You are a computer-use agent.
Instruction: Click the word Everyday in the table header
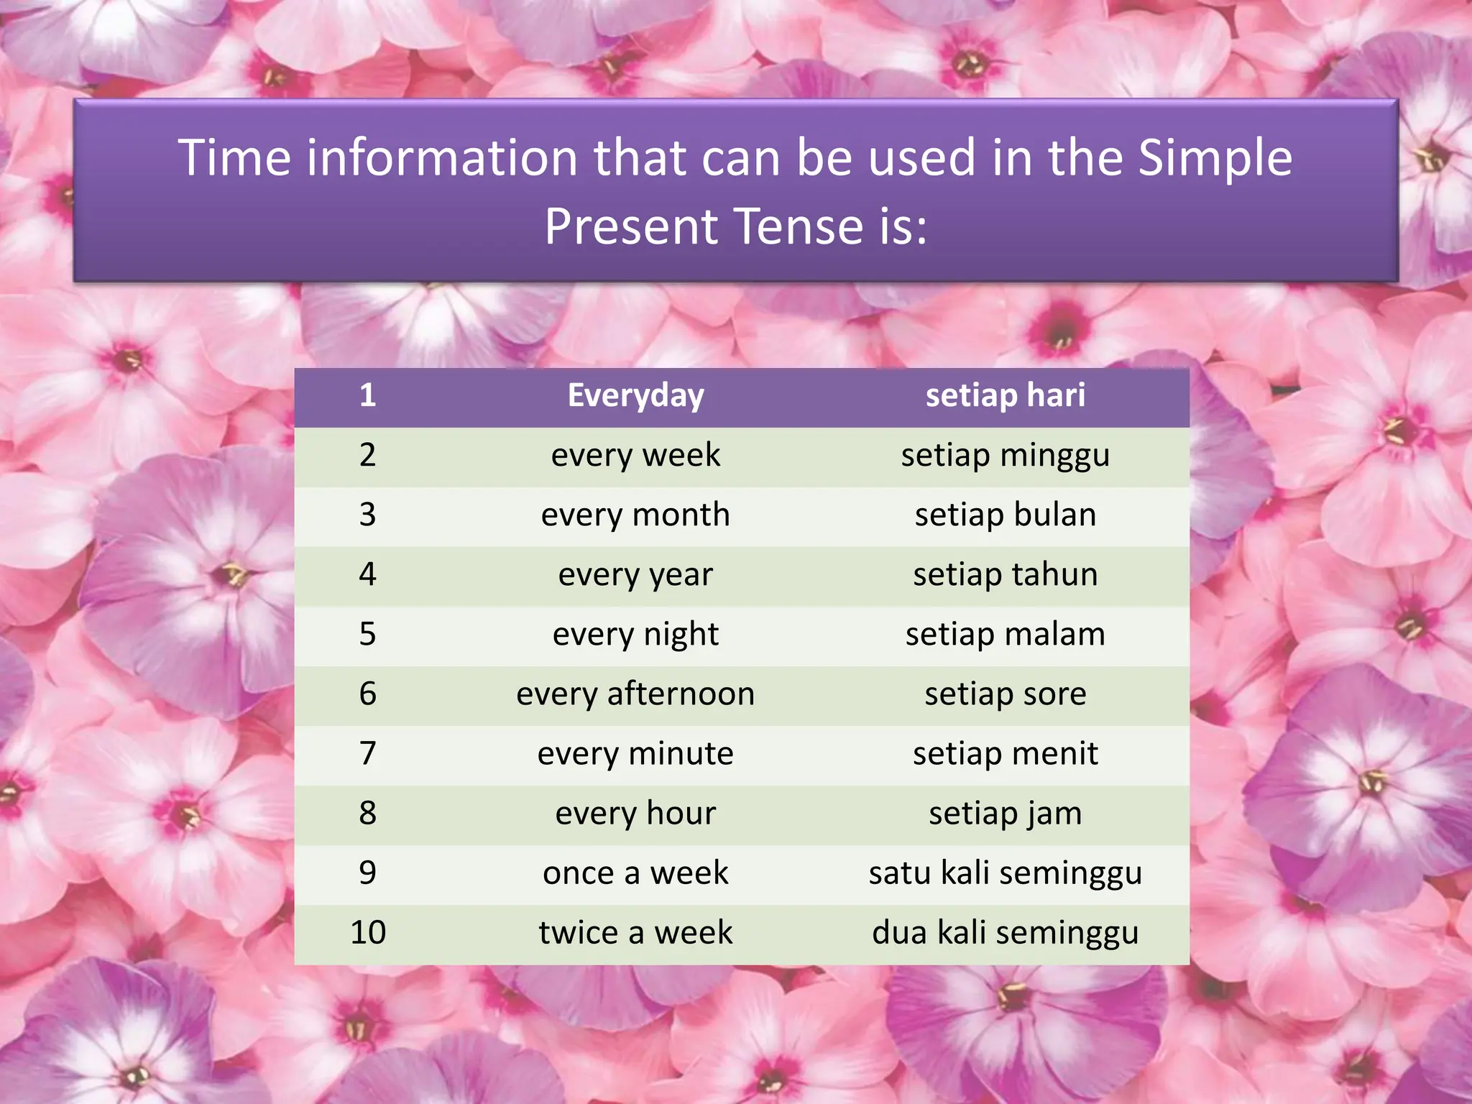pos(635,396)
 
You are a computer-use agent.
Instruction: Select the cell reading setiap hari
pos(1005,396)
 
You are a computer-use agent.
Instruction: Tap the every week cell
pos(635,456)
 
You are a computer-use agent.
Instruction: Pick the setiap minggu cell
pos(1005,456)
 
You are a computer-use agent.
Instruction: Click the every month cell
pos(635,515)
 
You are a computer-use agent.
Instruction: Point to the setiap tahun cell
pos(1005,575)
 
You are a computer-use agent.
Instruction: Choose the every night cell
pos(635,635)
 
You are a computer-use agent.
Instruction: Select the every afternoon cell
pos(635,694)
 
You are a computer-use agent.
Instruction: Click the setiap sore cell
pos(1005,694)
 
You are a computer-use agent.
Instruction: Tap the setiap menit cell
pos(1005,754)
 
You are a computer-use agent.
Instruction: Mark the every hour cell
pos(635,814)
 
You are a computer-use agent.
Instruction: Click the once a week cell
pos(635,873)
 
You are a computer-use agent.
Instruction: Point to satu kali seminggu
pos(1005,873)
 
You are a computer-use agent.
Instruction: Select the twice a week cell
pos(635,933)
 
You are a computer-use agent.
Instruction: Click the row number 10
pos(368,933)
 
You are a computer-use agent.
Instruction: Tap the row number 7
pos(368,754)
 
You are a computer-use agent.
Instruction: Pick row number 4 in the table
pos(368,575)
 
